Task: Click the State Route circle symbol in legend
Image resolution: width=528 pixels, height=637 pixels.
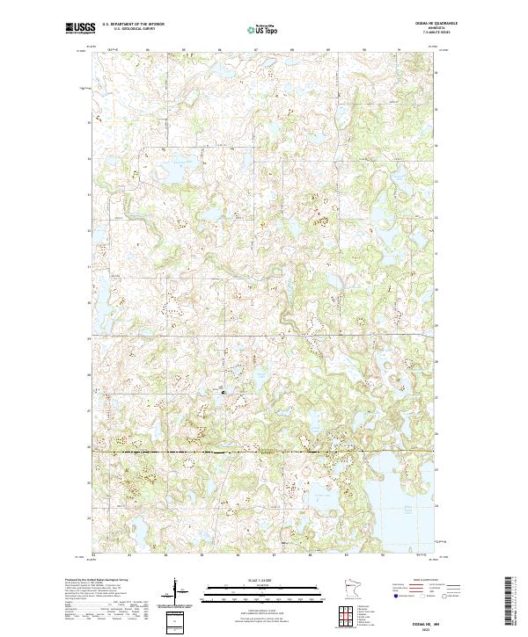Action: coord(445,595)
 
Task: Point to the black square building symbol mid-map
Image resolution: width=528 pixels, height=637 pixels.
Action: coord(222,392)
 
